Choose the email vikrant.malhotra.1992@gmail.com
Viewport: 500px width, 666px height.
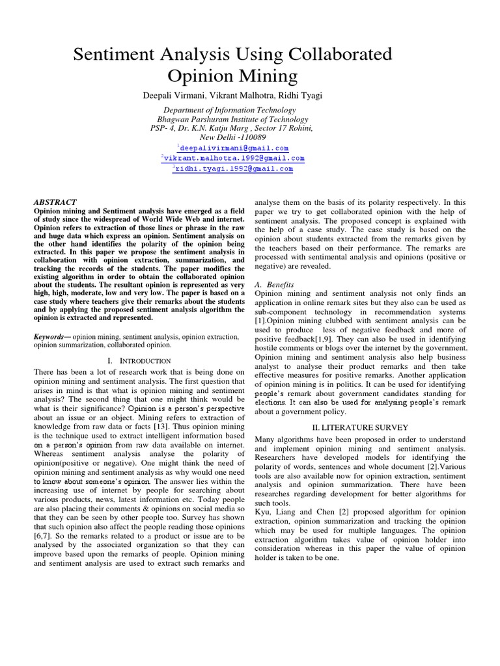(x=234, y=158)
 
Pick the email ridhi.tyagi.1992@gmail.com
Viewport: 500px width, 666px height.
(x=234, y=168)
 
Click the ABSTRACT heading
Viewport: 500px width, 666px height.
(x=55, y=202)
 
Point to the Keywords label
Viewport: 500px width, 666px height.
(x=51, y=337)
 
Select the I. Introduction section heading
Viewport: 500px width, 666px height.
(x=139, y=361)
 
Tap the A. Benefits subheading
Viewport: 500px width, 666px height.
(x=274, y=284)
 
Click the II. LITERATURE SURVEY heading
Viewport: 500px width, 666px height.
(x=359, y=427)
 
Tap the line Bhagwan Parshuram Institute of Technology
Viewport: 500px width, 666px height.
(x=232, y=119)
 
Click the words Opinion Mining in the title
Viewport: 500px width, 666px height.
(x=232, y=76)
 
